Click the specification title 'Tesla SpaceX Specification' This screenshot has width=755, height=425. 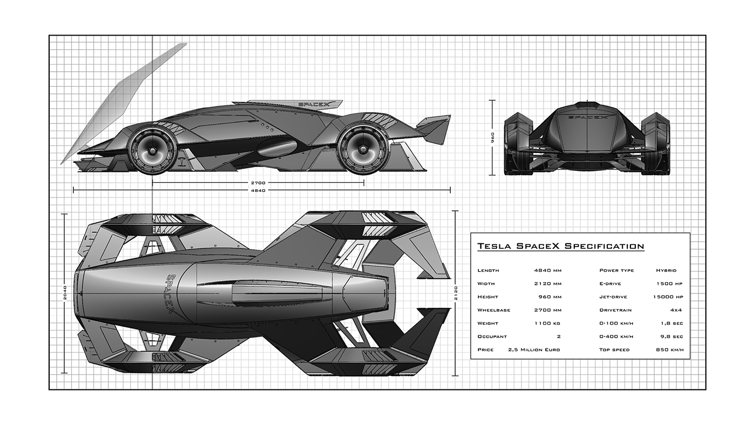click(560, 246)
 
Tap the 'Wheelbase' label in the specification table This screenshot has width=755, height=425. click(493, 310)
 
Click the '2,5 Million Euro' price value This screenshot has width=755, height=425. click(533, 350)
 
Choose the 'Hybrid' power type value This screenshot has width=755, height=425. click(666, 270)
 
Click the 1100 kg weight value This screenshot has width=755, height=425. click(550, 324)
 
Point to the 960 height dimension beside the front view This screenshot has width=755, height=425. click(491, 138)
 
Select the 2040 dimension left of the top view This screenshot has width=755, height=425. click(65, 293)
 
